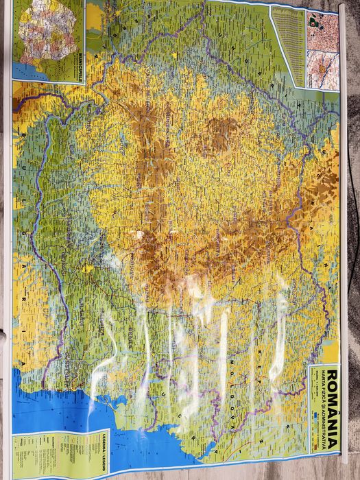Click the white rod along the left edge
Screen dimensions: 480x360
(x=6, y=274)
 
